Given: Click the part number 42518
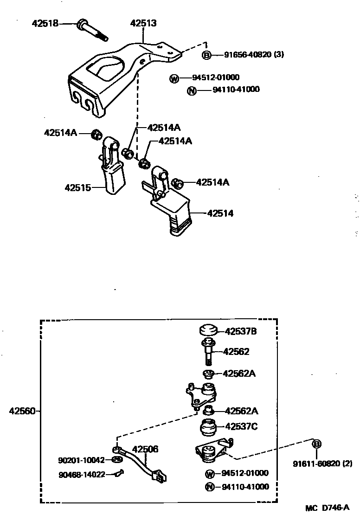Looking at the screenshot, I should pyautogui.click(x=45, y=22).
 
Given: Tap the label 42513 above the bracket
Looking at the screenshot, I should pyautogui.click(x=143, y=23).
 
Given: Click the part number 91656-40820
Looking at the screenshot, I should pyautogui.click(x=247, y=55).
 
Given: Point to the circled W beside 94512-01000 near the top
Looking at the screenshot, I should pyautogui.click(x=174, y=78).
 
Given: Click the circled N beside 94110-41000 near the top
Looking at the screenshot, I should pyautogui.click(x=192, y=90).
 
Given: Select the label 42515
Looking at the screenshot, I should pyautogui.click(x=77, y=187).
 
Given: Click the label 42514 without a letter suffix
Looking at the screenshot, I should pyautogui.click(x=220, y=213).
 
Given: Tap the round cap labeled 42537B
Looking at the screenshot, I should pyautogui.click(x=208, y=332).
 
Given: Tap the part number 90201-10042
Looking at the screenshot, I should pyautogui.click(x=81, y=460).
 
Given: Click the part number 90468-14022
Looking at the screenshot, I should pyautogui.click(x=81, y=474).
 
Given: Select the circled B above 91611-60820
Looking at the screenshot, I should pyautogui.click(x=317, y=444).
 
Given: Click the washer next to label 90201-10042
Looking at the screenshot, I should pyautogui.click(x=117, y=460).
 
